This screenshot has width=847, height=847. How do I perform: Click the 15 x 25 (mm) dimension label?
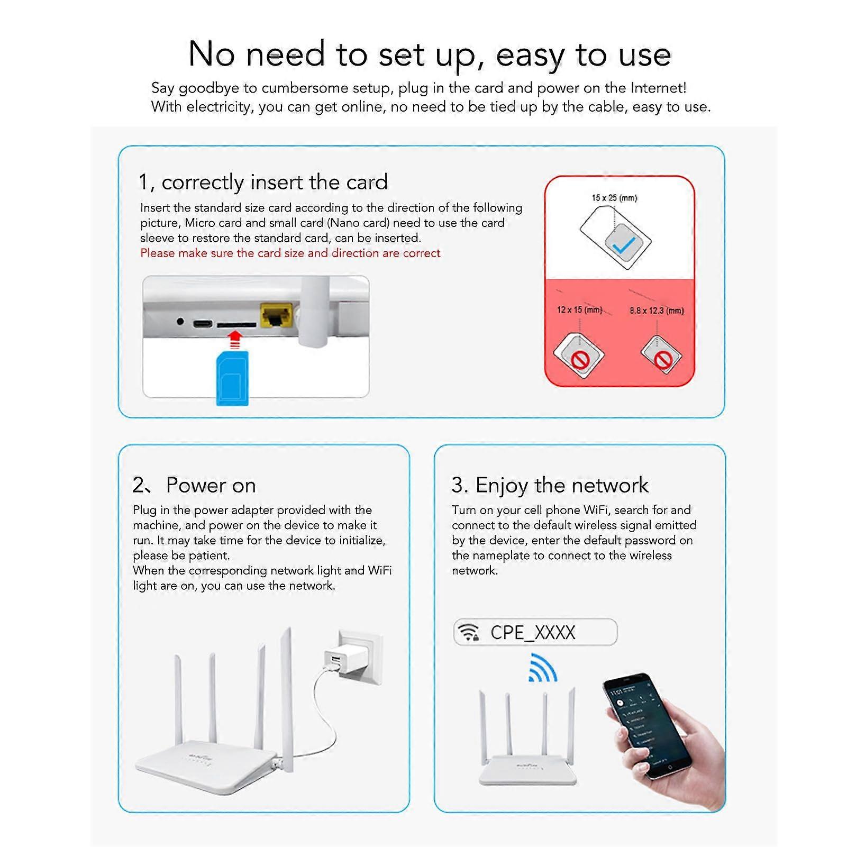click(x=614, y=198)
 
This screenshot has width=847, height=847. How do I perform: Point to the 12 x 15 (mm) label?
click(x=579, y=309)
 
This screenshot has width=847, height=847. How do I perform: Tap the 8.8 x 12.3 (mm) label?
click(x=657, y=311)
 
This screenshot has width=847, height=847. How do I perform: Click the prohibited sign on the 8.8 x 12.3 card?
click(x=662, y=359)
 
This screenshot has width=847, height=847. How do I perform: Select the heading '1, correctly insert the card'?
click(x=263, y=182)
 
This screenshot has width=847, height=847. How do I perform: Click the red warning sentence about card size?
click(x=290, y=253)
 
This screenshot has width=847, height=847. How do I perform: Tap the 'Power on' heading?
click(x=211, y=485)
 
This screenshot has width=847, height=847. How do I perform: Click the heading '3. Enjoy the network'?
click(x=550, y=485)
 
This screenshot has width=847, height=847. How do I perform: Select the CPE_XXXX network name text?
click(x=532, y=632)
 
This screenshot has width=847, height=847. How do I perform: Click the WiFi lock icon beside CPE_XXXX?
click(x=469, y=632)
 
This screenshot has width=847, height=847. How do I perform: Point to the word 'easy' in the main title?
click(x=530, y=54)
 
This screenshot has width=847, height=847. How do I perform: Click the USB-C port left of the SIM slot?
click(x=202, y=323)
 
